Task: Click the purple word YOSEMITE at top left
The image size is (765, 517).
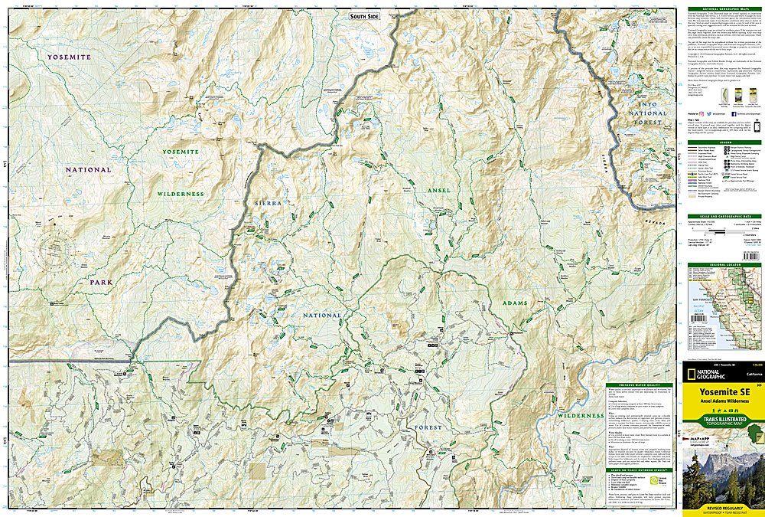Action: point(70,57)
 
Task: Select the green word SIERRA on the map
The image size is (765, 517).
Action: point(269,203)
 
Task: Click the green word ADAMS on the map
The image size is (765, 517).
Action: point(515,303)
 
